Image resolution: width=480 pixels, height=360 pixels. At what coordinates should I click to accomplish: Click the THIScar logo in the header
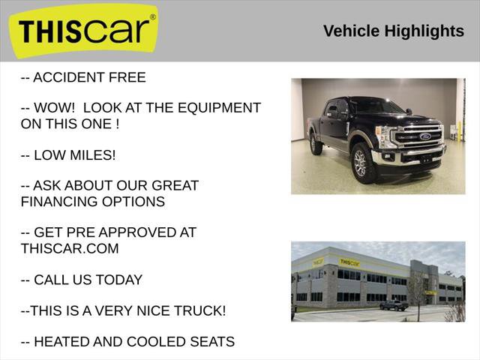(x=84, y=31)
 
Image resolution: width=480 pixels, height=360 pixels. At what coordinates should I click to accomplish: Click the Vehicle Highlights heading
(x=393, y=31)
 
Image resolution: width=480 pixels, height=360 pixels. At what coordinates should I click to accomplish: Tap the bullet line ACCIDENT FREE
(x=83, y=77)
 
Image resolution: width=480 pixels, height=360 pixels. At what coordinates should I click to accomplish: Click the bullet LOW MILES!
(x=68, y=155)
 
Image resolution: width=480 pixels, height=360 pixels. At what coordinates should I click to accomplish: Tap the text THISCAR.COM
(x=70, y=248)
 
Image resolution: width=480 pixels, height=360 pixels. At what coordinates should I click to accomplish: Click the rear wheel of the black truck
(x=316, y=144)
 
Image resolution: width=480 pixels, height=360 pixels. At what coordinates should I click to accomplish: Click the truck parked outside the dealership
(x=393, y=305)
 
